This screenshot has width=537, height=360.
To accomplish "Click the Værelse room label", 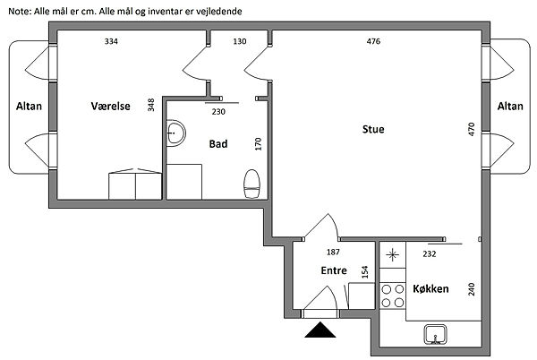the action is (111, 107).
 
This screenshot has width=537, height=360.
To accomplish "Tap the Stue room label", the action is (373, 129).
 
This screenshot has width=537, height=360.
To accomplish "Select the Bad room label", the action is (218, 144).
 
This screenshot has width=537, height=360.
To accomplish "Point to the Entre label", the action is (334, 270).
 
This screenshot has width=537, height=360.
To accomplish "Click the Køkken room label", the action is (430, 288).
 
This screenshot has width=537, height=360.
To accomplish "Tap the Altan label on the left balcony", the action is (29, 107).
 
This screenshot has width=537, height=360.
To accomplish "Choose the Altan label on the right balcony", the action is (510, 107).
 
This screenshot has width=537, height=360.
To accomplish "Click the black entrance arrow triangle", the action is (320, 330).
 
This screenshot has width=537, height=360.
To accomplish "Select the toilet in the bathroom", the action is (252, 184).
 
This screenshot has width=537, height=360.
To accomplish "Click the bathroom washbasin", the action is (175, 133).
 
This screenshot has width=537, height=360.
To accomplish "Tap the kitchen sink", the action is (435, 334).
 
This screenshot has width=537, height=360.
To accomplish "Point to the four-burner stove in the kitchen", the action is (393, 296).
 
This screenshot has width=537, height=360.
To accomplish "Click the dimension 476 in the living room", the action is (373, 41).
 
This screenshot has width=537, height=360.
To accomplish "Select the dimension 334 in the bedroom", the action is (111, 41).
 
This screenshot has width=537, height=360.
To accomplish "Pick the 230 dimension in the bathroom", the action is (218, 112).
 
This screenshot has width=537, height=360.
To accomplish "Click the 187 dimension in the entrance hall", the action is (333, 253).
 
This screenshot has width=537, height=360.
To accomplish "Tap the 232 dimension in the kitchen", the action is (430, 253).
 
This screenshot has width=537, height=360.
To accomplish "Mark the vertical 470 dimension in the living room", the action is (472, 129).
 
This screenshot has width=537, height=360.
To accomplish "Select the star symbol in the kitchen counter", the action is (393, 255).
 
